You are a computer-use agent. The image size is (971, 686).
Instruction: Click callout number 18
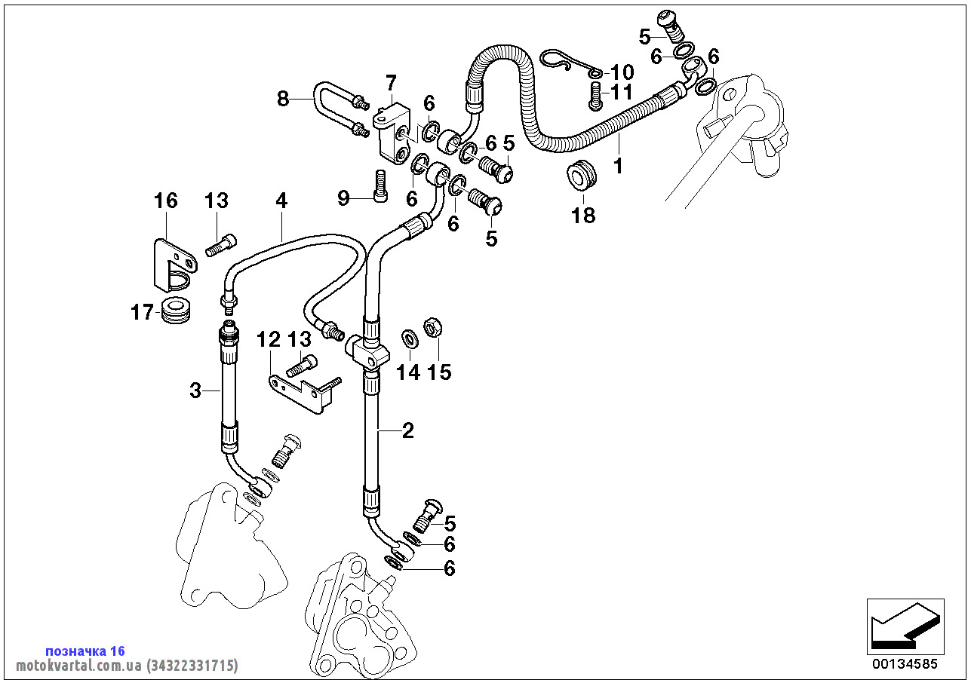click(x=583, y=216)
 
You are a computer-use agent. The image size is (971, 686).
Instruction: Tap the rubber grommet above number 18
click(x=582, y=176)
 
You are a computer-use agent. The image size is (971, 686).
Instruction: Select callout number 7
click(x=391, y=82)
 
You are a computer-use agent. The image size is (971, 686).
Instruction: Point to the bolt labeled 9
click(x=379, y=185)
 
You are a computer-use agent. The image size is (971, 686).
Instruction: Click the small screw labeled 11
click(x=595, y=96)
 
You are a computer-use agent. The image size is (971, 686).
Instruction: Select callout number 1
click(x=619, y=166)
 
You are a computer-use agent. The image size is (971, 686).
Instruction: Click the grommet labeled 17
click(x=176, y=309)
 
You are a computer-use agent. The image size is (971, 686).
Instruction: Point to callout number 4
click(x=281, y=201)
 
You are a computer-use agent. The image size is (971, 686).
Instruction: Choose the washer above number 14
click(x=410, y=338)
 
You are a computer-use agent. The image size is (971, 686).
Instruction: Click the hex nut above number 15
click(x=432, y=327)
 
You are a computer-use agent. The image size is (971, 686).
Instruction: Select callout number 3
click(x=195, y=390)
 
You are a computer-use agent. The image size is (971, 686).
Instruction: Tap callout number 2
click(x=408, y=430)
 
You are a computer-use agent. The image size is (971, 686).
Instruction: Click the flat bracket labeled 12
click(x=303, y=394)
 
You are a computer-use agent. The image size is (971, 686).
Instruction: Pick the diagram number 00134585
click(x=905, y=664)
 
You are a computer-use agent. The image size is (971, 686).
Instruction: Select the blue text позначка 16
click(x=85, y=651)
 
